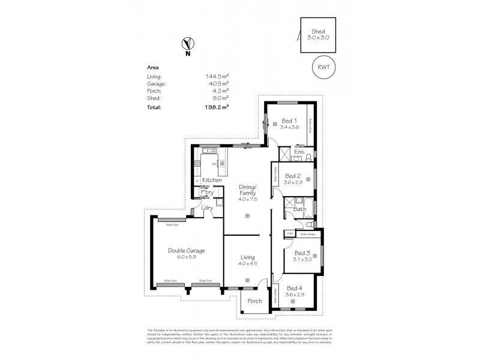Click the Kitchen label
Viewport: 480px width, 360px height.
pyautogui.click(x=212, y=181)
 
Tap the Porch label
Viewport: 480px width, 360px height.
pyautogui.click(x=254, y=301)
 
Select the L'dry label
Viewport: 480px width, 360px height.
pyautogui.click(x=207, y=208)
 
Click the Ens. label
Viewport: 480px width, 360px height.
pyautogui.click(x=299, y=152)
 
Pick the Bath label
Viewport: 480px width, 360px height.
pyautogui.click(x=300, y=209)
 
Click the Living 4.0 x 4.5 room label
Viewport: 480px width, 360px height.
pyautogui.click(x=248, y=257)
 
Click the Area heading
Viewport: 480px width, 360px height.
pyautogui.click(x=152, y=68)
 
